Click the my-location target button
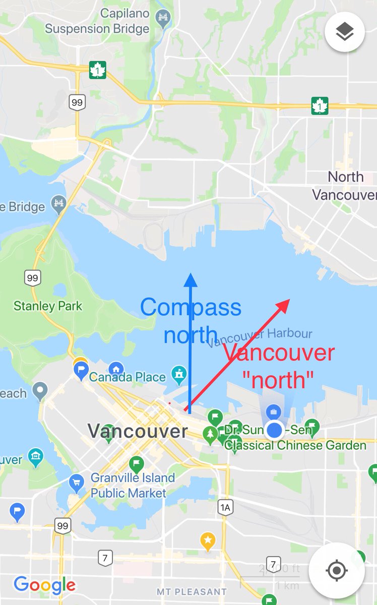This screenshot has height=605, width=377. [x=337, y=571]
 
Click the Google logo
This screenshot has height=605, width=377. [x=44, y=585]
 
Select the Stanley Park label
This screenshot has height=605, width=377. [x=48, y=306]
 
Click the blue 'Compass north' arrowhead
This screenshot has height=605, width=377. [x=191, y=279]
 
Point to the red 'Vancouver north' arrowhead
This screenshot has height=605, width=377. [x=284, y=304]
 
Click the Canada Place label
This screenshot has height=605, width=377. [x=127, y=377]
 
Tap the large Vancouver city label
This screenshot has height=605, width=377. [x=137, y=431]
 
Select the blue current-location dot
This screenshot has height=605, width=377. [x=274, y=430]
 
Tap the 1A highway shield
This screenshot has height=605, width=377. [x=225, y=508]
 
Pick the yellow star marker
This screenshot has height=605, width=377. [x=207, y=541]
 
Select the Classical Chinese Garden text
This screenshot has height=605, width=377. [x=295, y=445]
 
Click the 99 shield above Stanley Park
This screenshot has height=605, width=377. [x=32, y=277]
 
